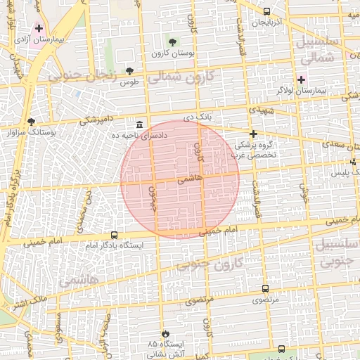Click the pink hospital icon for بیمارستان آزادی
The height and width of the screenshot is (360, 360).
click(39, 28)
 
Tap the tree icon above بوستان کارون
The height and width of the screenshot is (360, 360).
click(172, 43)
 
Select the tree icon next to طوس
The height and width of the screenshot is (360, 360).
click(129, 71)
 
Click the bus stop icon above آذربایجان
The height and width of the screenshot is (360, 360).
click(266, 11)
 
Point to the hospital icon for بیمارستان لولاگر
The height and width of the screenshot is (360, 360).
click(301, 79)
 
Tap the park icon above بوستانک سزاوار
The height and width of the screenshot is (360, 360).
click(30, 121)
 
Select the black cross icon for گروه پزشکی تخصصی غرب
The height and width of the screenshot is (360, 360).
click(253, 134)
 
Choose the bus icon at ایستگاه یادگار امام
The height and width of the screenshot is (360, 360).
click(114, 236)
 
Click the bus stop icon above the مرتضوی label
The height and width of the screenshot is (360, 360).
click(265, 288)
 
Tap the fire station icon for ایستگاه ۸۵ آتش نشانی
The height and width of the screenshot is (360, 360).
click(166, 333)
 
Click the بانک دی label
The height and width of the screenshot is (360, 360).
click(198, 117)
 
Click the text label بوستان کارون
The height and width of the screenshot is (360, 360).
click(171, 53)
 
